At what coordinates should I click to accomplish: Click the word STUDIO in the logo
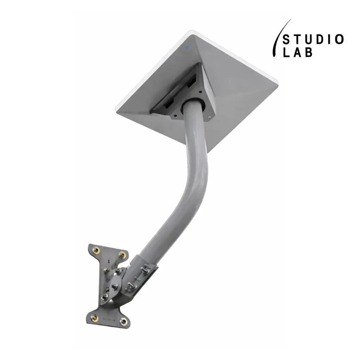coord(313,39)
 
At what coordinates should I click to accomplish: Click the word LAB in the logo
coord(297,52)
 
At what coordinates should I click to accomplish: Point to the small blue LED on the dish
coord(187,47)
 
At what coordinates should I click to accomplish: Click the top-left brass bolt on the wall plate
coord(96,250)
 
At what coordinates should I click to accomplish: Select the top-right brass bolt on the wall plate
coord(122,255)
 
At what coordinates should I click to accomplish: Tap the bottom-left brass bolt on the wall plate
coord(94,318)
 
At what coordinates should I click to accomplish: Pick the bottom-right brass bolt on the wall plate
coord(123,321)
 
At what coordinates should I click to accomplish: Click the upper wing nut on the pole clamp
coord(146,269)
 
